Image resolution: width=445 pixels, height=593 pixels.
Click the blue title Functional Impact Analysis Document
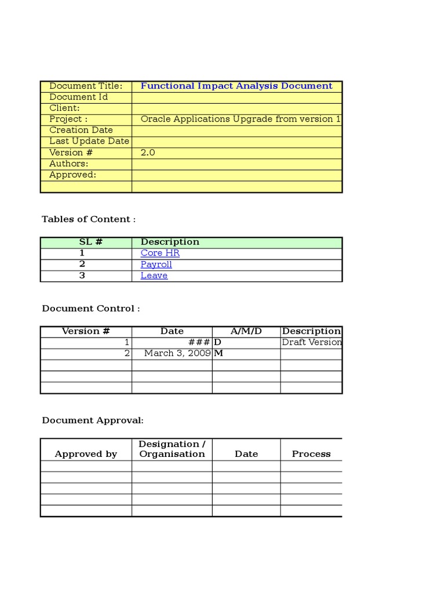(236, 86)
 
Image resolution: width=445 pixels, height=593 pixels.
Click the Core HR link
(160, 253)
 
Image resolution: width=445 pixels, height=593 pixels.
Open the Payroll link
(156, 265)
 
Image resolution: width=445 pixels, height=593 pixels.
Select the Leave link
(154, 276)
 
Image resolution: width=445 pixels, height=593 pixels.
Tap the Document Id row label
(78, 97)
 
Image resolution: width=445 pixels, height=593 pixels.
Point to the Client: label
(64, 108)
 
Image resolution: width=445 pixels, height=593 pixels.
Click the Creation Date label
(81, 130)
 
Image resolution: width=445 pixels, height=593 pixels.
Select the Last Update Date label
(89, 141)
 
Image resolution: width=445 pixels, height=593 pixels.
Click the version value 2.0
(148, 152)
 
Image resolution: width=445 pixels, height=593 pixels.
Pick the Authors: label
(69, 163)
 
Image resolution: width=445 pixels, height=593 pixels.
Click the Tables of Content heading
(89, 219)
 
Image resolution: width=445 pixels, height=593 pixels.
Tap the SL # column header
(90, 242)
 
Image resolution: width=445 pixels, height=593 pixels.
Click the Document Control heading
(91, 309)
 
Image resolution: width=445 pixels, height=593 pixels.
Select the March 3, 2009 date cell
(177, 353)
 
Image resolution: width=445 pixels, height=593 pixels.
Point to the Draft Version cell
(311, 342)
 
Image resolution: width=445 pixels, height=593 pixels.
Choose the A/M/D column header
(246, 331)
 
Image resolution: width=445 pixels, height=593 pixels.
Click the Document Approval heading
(93, 420)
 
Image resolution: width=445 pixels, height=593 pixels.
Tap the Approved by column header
(86, 454)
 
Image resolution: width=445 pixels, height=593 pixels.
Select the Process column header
(311, 454)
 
